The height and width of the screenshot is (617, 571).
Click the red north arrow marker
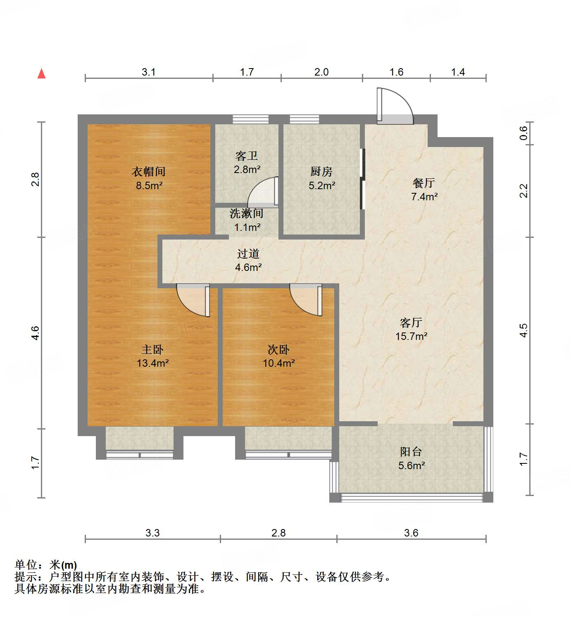pyautogui.click(x=41, y=74)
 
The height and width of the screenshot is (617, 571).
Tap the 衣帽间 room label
pyautogui.click(x=149, y=171)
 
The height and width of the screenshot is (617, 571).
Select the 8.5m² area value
pyautogui.click(x=149, y=185)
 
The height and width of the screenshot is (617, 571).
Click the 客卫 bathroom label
pyautogui.click(x=247, y=156)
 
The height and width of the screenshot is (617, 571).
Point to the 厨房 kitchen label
pyautogui.click(x=321, y=171)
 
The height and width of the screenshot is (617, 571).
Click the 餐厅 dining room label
pyautogui.click(x=424, y=183)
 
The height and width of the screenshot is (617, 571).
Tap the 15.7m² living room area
pyautogui.click(x=411, y=336)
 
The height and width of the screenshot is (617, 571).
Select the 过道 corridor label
pyautogui.click(x=248, y=254)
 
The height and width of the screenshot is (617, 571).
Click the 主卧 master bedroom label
pyautogui.click(x=152, y=349)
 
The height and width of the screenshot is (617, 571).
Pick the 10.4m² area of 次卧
pyautogui.click(x=278, y=363)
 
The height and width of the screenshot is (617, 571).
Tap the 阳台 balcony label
pyautogui.click(x=411, y=452)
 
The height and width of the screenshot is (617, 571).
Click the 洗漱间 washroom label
pyautogui.click(x=247, y=214)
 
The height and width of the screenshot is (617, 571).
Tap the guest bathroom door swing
pyautogui.click(x=263, y=192)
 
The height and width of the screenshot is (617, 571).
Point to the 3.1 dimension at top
pyautogui.click(x=149, y=72)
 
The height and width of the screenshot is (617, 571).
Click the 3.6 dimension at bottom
pyautogui.click(x=411, y=533)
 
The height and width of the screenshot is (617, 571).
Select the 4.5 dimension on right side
pyautogui.click(x=523, y=330)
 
